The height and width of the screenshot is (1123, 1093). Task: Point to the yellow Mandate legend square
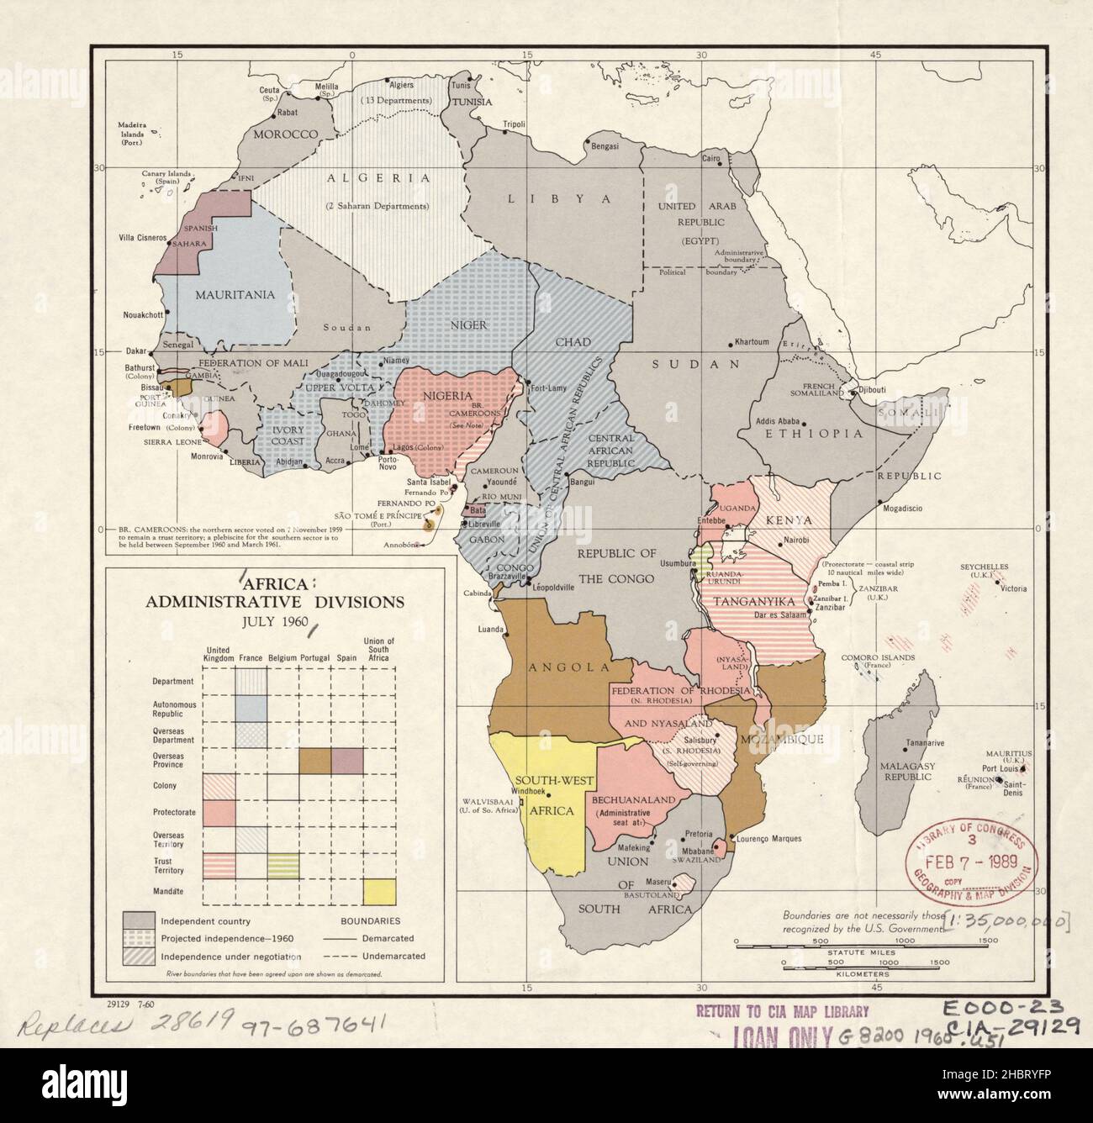tap(379, 892)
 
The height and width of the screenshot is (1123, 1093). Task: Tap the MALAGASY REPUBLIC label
tap(903, 772)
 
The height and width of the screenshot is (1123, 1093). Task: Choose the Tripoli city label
tap(513, 124)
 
